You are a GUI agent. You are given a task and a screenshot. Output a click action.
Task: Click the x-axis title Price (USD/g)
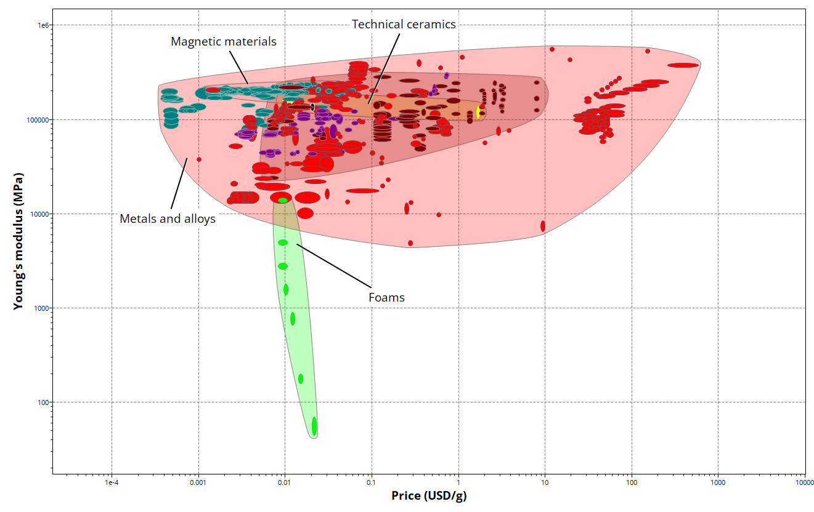433,496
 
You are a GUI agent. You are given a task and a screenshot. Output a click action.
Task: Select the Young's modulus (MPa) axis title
18,241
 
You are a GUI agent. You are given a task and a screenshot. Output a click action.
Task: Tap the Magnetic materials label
223,42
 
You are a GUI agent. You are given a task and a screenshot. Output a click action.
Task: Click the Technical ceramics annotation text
404,25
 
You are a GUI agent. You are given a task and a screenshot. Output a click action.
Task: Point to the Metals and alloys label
168,218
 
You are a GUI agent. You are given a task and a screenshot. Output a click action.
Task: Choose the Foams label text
386,298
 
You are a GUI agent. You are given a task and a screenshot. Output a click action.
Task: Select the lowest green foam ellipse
314,426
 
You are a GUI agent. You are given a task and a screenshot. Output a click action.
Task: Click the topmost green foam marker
283,201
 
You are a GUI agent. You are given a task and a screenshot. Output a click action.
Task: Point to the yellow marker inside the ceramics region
478,112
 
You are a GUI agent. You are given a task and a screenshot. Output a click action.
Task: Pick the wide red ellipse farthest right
683,65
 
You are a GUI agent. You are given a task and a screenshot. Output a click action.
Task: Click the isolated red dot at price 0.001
199,159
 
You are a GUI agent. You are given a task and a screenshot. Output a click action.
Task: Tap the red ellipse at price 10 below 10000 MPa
543,226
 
